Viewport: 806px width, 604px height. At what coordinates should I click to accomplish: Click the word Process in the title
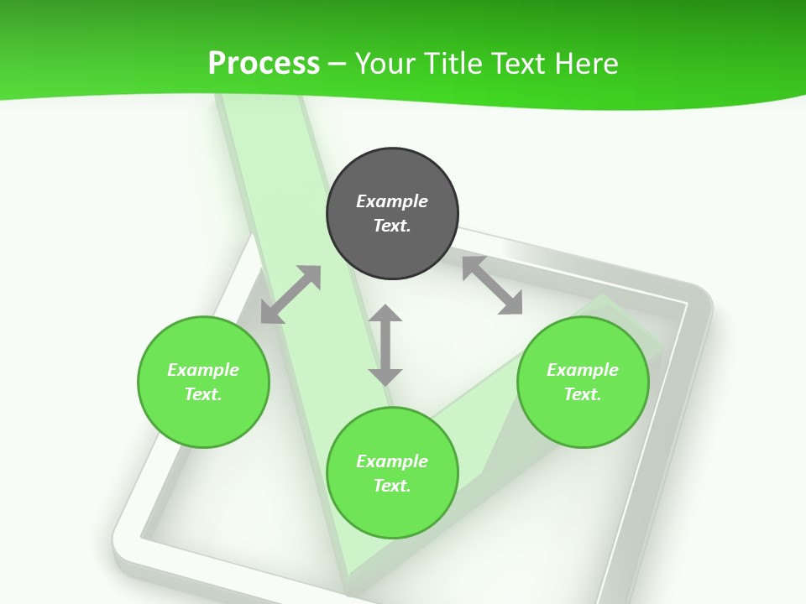pyautogui.click(x=264, y=64)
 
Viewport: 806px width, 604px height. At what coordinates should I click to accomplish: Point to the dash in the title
pyautogui.click(x=337, y=65)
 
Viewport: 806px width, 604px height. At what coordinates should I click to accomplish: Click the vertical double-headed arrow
pyautogui.click(x=385, y=345)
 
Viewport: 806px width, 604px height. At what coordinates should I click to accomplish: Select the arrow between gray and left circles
pyautogui.click(x=290, y=294)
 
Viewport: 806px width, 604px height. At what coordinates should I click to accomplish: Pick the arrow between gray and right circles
pyautogui.click(x=493, y=285)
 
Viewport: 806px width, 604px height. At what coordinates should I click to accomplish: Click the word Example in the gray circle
pyautogui.click(x=392, y=201)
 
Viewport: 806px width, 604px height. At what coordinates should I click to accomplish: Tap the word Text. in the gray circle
pyautogui.click(x=392, y=226)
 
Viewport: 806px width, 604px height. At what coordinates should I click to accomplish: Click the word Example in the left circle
pyautogui.click(x=203, y=370)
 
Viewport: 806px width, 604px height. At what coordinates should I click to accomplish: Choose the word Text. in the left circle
pyautogui.click(x=203, y=394)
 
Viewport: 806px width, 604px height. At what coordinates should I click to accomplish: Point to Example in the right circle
pyautogui.click(x=583, y=370)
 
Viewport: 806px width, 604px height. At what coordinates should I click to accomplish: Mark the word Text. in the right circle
pyautogui.click(x=583, y=394)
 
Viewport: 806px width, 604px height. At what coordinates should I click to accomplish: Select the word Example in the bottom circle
pyautogui.click(x=392, y=461)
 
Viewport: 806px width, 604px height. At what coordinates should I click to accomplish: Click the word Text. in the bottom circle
pyautogui.click(x=392, y=486)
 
